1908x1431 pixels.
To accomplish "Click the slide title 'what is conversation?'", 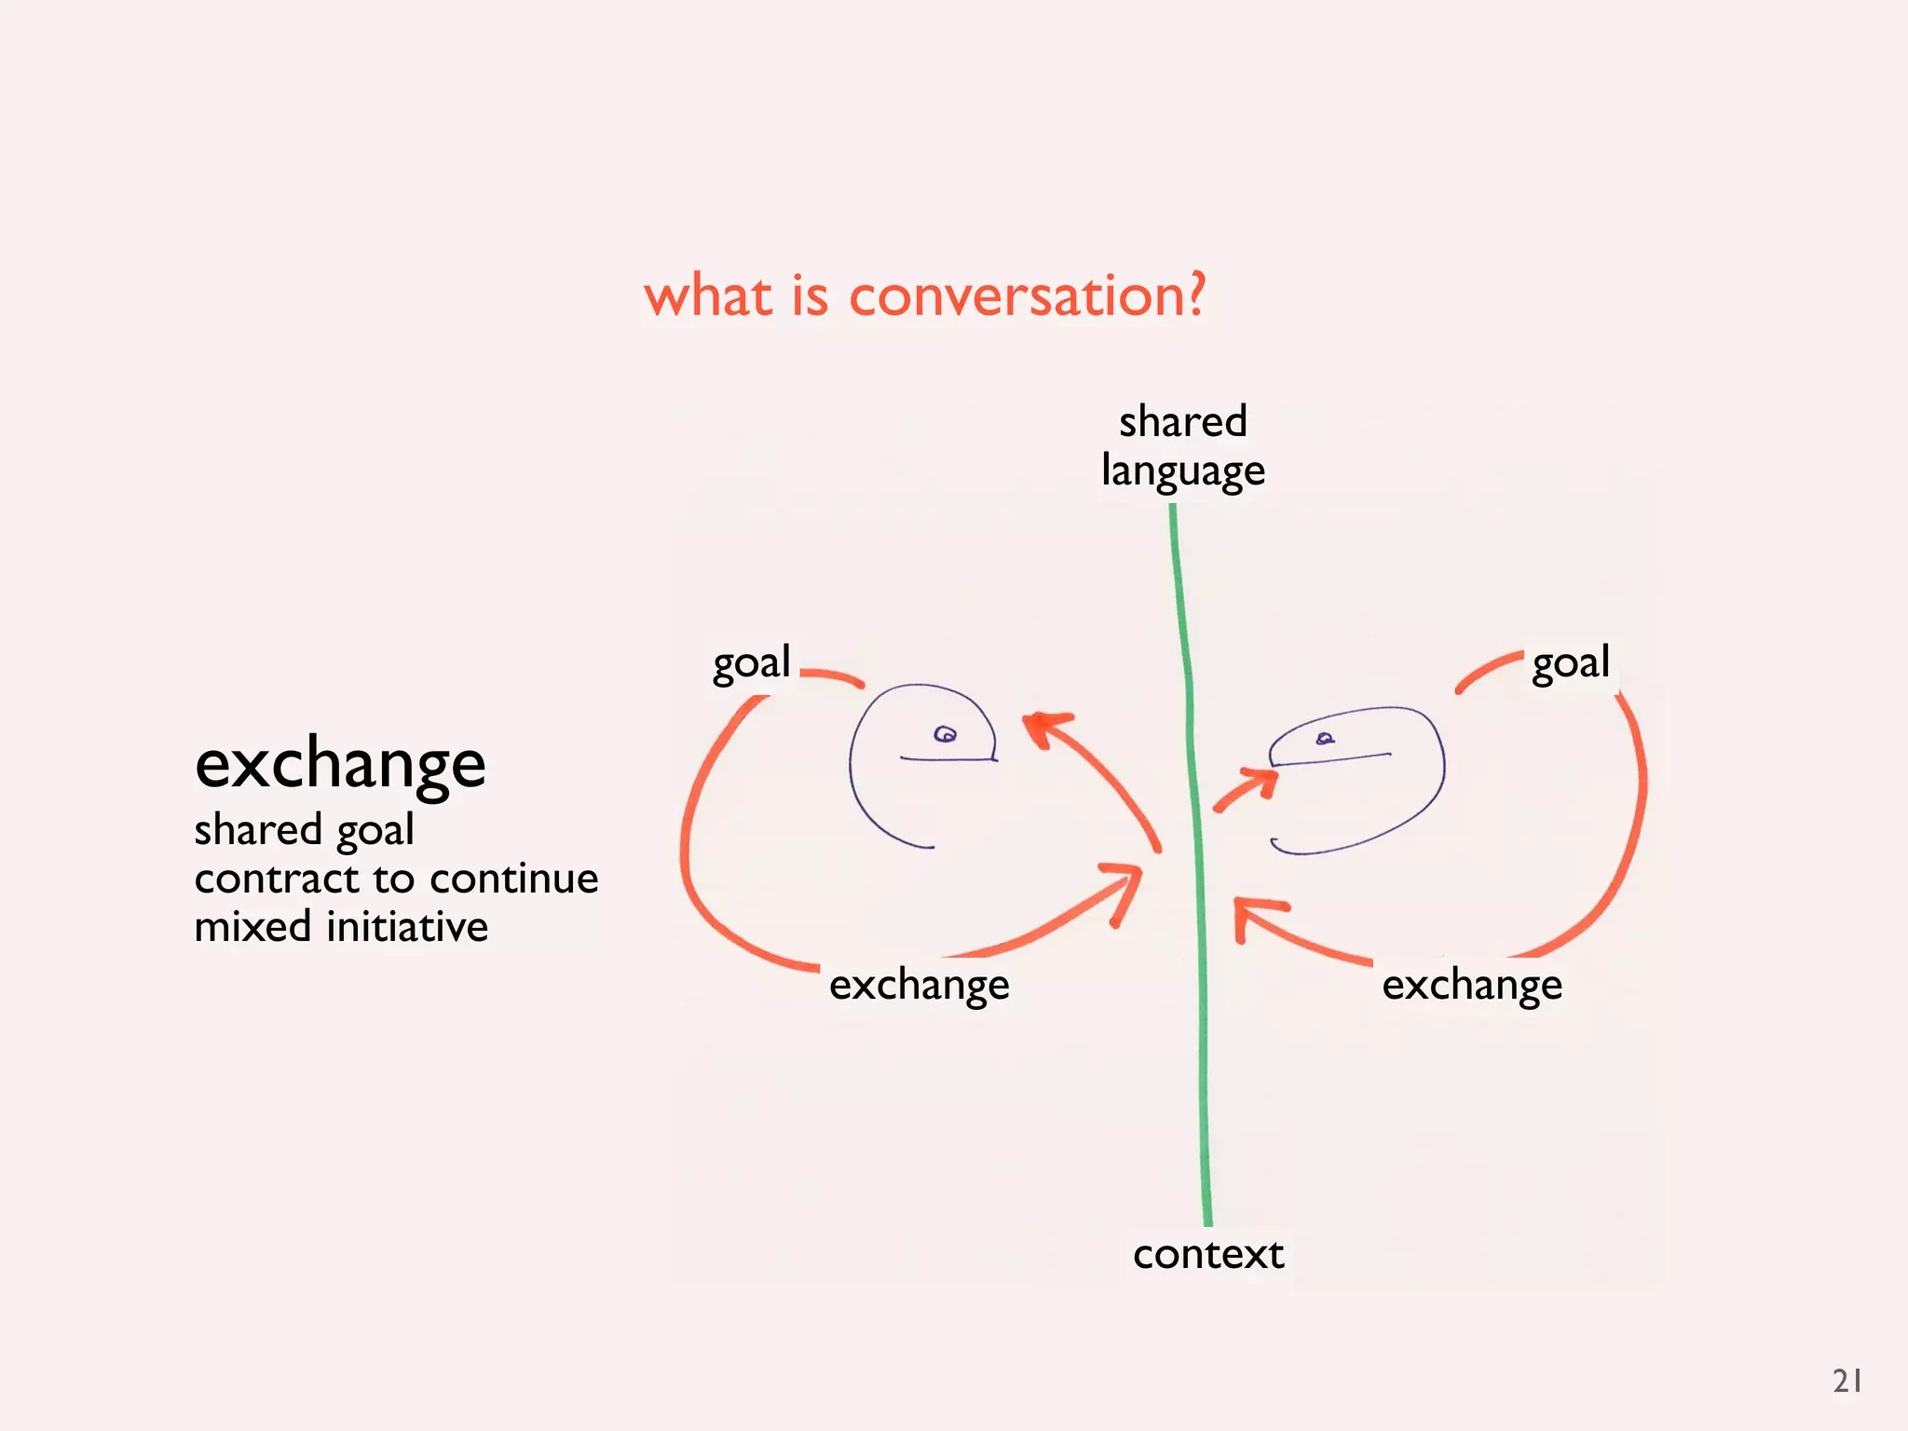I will click(924, 296).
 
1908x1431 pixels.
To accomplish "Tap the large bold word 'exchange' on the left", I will click(340, 764).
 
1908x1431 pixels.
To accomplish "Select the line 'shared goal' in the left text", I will click(304, 830).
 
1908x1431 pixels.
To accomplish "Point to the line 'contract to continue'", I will click(396, 879).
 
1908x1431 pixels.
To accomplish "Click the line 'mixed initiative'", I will click(341, 927).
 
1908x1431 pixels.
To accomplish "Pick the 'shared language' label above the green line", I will click(1182, 445).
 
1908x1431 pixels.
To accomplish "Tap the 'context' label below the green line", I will click(1208, 1254).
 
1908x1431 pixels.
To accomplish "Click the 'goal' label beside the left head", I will click(751, 663).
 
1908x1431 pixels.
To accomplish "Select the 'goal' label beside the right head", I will click(1571, 663).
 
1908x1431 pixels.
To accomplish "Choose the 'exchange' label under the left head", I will click(919, 985).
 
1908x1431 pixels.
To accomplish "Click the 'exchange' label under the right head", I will click(1472, 985).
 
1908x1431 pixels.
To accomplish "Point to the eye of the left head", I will click(945, 735).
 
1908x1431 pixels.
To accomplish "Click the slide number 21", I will click(1847, 1381).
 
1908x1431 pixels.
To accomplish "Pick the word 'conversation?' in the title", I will click(1028, 296).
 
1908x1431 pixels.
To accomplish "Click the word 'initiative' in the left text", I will click(407, 927).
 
